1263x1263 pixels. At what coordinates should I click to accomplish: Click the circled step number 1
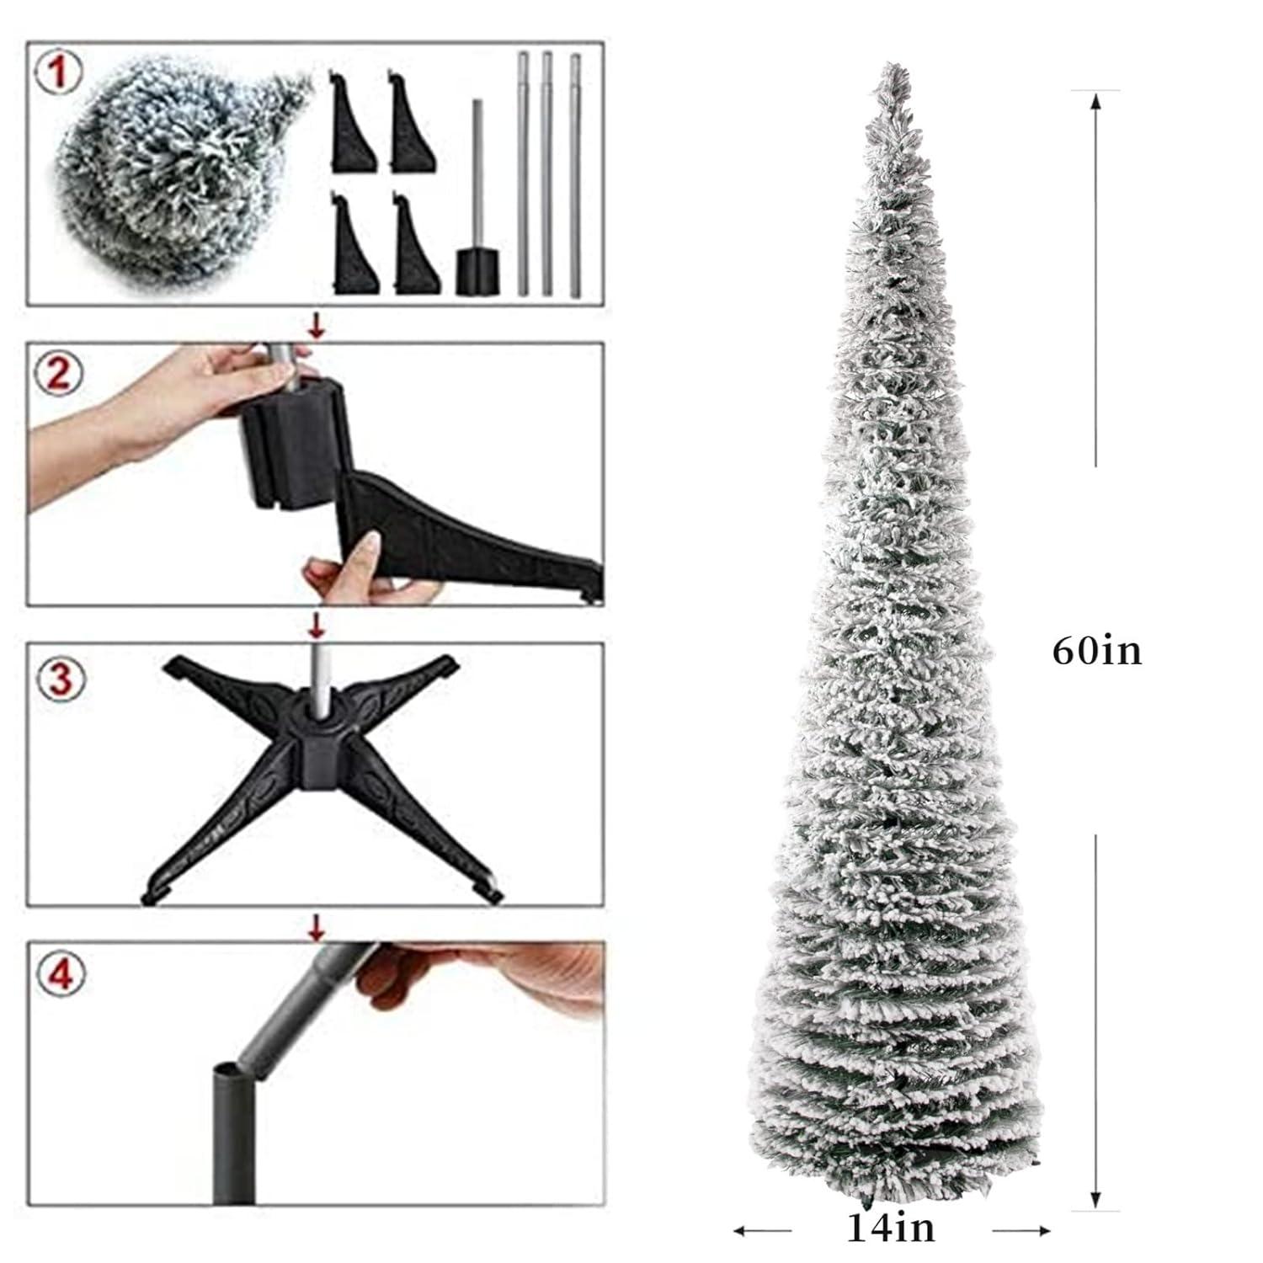[57, 72]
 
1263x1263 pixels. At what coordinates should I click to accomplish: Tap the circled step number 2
[57, 373]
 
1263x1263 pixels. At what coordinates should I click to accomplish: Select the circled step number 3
[61, 679]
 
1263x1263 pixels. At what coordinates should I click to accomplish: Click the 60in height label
[1097, 651]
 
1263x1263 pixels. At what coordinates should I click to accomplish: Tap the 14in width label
[890, 1228]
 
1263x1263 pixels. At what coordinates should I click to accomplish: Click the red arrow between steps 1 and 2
[317, 325]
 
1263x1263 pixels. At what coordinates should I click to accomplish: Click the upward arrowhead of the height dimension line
[1095, 101]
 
